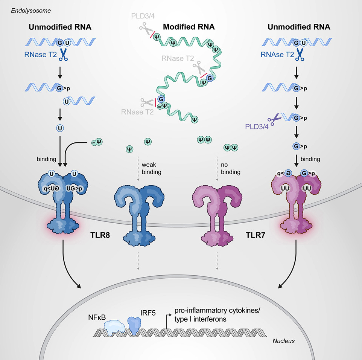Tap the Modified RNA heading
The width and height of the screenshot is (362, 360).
point(189,27)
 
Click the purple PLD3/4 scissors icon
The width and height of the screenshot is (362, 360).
point(277,119)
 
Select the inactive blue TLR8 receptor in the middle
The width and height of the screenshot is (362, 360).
point(138,213)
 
